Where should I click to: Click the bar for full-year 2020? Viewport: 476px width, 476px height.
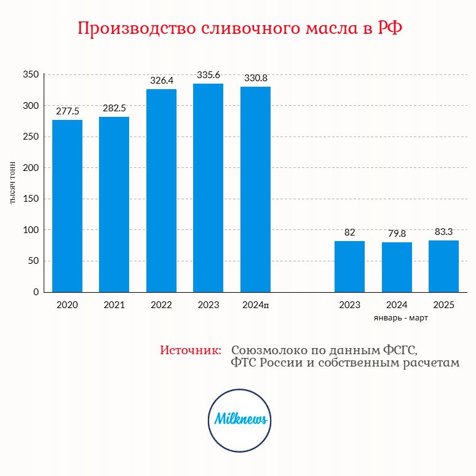[67, 206]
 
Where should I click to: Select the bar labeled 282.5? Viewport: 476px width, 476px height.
[114, 205]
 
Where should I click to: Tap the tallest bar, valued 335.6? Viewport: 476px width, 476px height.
[208, 188]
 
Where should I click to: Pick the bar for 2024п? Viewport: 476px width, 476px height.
[255, 189]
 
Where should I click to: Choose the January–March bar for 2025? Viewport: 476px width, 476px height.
[443, 266]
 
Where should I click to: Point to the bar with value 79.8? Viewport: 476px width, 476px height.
[397, 267]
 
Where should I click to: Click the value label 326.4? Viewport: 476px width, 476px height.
[162, 81]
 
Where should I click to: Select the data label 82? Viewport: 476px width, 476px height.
[349, 232]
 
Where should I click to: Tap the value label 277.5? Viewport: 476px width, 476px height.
[68, 111]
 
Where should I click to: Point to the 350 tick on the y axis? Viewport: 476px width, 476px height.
[31, 74]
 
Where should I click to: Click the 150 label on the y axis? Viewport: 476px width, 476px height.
[31, 199]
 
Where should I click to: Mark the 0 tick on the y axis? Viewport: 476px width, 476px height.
[36, 292]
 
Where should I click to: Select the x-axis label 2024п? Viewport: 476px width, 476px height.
[256, 305]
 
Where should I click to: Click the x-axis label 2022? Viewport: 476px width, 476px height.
[161, 305]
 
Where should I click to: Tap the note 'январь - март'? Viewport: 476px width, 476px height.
[401, 318]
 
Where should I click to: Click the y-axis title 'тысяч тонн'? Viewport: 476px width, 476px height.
[13, 183]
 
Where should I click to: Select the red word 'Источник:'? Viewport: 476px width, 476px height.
[191, 350]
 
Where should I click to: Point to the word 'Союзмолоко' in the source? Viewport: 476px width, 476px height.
[269, 350]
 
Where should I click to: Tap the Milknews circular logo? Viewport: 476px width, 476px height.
[239, 421]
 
